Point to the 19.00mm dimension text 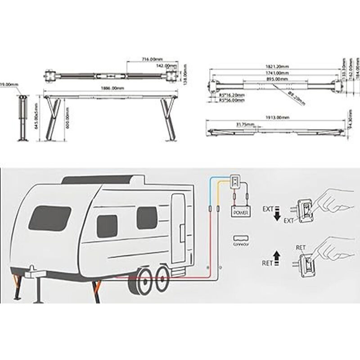pyautogui.click(x=9, y=84)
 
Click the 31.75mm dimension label pyautogui.click(x=245, y=124)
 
